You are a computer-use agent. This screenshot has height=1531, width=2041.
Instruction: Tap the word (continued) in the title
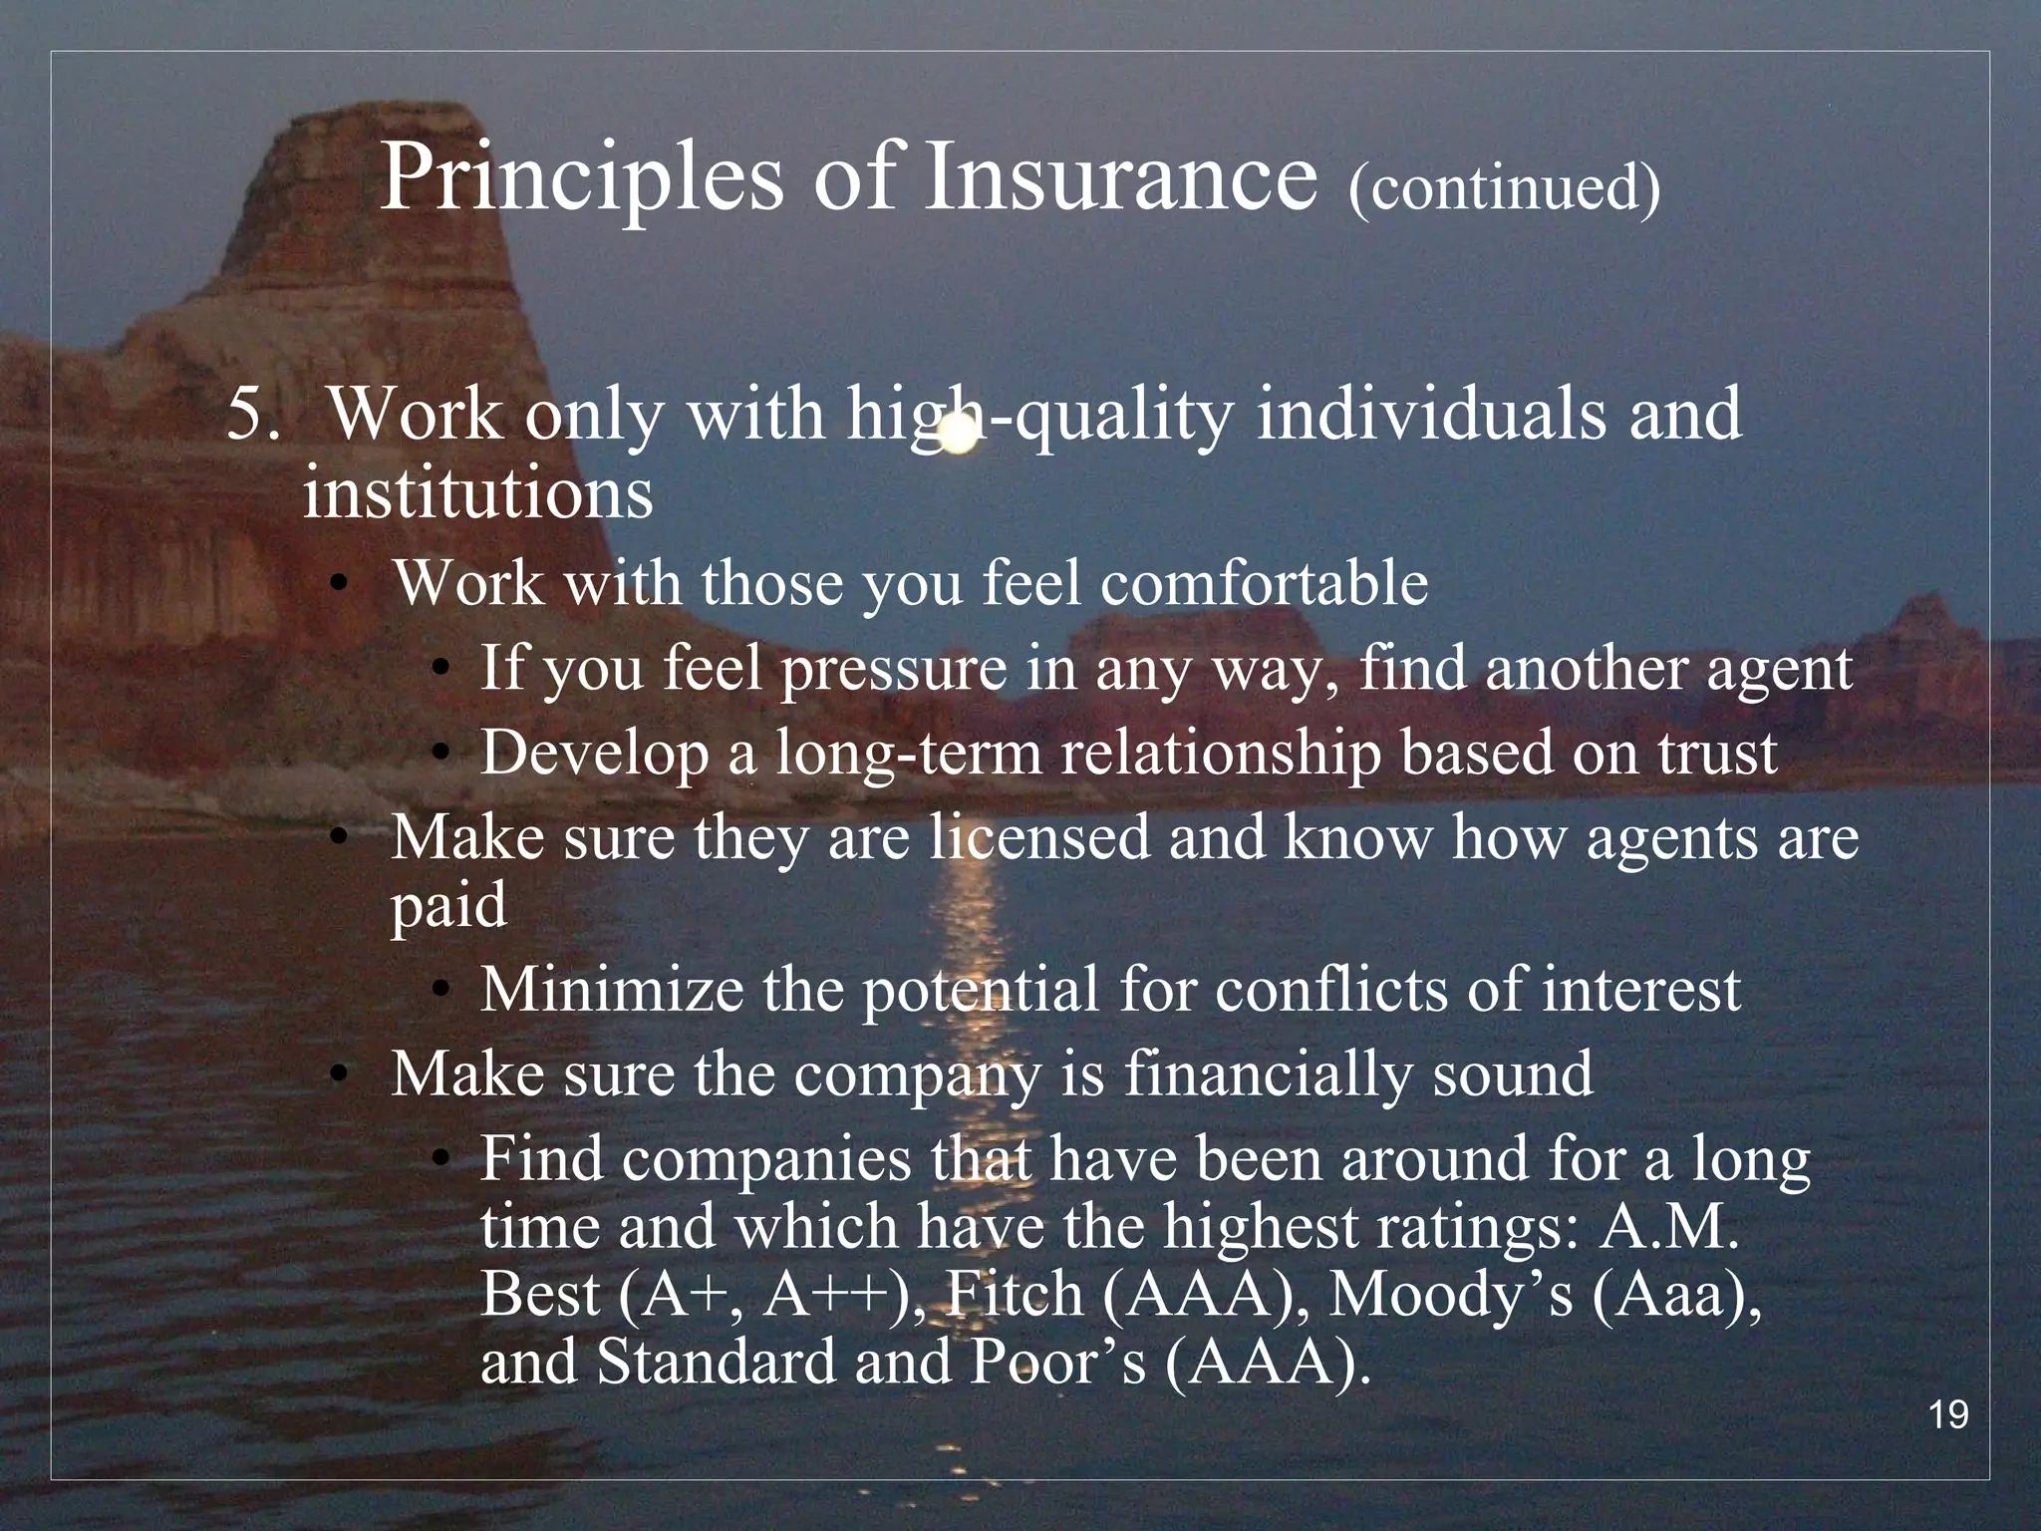tap(1504, 186)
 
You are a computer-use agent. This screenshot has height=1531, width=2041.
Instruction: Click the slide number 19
tap(1948, 1415)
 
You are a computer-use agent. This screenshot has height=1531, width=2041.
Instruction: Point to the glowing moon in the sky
tap(959, 436)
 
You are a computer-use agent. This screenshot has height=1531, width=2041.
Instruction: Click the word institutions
tap(477, 492)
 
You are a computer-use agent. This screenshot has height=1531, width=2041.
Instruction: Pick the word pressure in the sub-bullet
tap(893, 670)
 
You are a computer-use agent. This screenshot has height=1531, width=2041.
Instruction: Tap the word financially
tap(1269, 1074)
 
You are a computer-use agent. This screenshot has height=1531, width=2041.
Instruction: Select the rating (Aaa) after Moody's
tap(1673, 1294)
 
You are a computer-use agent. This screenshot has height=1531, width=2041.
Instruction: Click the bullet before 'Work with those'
tap(340, 587)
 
